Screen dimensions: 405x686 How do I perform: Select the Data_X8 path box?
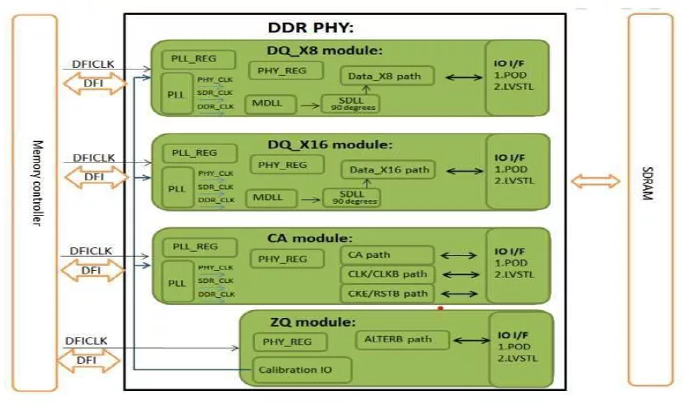click(x=384, y=76)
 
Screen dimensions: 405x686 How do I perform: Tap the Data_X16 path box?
click(x=386, y=170)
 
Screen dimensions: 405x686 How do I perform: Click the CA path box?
click(x=386, y=255)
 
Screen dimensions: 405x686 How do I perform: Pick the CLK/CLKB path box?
click(x=386, y=274)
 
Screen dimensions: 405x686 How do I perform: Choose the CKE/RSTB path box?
click(x=386, y=294)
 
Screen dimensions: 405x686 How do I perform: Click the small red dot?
click(x=441, y=307)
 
